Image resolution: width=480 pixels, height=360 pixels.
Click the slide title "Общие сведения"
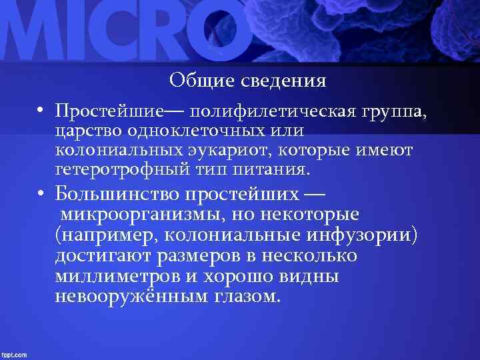[247, 81]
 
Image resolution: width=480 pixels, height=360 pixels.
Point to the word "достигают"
[103, 256]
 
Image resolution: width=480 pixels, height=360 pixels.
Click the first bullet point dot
[40, 109]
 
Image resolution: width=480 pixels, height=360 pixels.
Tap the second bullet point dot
[40, 195]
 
